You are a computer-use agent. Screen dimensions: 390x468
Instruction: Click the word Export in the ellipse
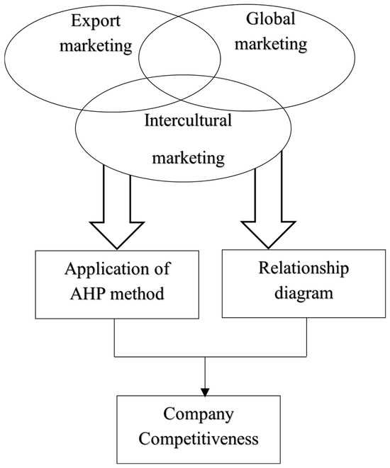click(x=96, y=21)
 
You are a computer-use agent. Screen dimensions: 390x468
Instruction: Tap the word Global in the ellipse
click(x=271, y=18)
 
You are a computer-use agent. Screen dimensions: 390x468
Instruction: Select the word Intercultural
click(x=188, y=120)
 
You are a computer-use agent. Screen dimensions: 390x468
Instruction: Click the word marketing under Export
click(x=96, y=46)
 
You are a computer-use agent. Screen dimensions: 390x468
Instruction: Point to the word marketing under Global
click(x=271, y=44)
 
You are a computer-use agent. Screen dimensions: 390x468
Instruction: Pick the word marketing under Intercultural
click(x=189, y=157)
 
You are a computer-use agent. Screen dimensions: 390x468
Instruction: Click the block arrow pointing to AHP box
click(x=117, y=207)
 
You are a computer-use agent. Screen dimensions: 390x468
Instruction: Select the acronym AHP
click(x=87, y=294)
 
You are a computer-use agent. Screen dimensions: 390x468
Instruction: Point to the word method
click(x=137, y=294)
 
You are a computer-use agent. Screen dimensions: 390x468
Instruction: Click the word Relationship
click(x=303, y=268)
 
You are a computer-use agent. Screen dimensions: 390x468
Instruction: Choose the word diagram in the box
click(x=303, y=293)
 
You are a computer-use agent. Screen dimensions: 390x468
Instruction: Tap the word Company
click(x=198, y=415)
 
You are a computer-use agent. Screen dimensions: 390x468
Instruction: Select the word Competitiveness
click(x=199, y=439)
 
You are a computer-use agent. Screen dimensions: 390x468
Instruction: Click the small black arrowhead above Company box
click(x=205, y=392)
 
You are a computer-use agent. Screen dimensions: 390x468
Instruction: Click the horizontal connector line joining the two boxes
click(x=211, y=356)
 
